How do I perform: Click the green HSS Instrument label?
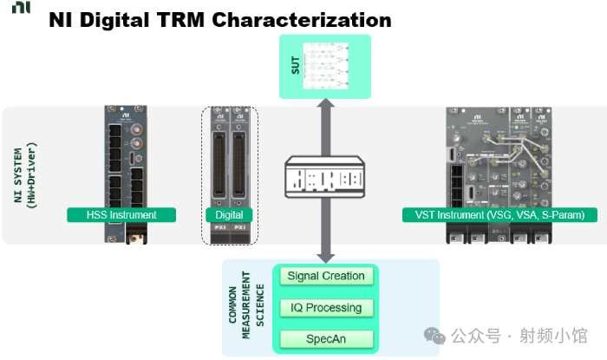[121, 214]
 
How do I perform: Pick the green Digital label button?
[229, 214]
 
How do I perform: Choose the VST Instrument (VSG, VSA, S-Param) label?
[494, 214]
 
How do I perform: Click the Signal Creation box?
[326, 277]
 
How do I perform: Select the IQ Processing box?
[326, 308]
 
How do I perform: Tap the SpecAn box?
[326, 339]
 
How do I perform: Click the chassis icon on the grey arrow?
[326, 178]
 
